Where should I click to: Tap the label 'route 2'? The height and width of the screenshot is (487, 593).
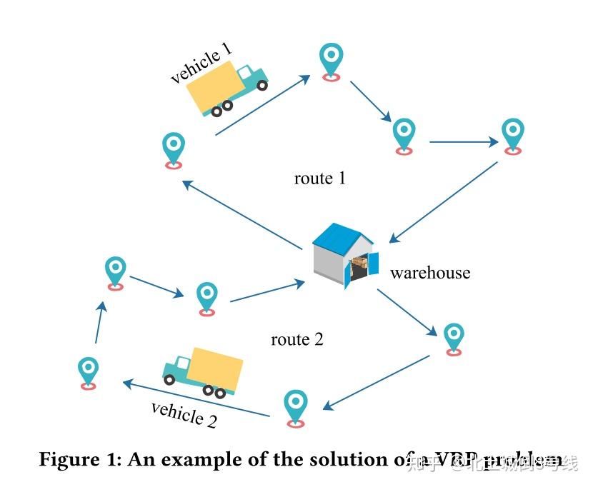click(x=297, y=339)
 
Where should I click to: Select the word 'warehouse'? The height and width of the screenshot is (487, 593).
click(x=430, y=273)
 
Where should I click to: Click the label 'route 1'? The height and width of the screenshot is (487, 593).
click(x=319, y=178)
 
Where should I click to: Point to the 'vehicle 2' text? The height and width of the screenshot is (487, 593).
click(x=184, y=414)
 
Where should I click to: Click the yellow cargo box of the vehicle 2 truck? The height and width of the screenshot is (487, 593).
click(x=217, y=368)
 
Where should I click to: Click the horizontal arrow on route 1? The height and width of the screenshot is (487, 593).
click(x=463, y=142)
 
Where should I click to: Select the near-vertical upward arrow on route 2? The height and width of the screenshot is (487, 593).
click(x=100, y=322)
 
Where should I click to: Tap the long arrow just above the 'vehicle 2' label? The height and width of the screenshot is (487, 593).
click(x=196, y=399)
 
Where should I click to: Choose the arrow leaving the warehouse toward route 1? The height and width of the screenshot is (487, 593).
click(x=243, y=215)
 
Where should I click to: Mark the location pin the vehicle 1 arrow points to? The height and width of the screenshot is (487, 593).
click(x=331, y=60)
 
